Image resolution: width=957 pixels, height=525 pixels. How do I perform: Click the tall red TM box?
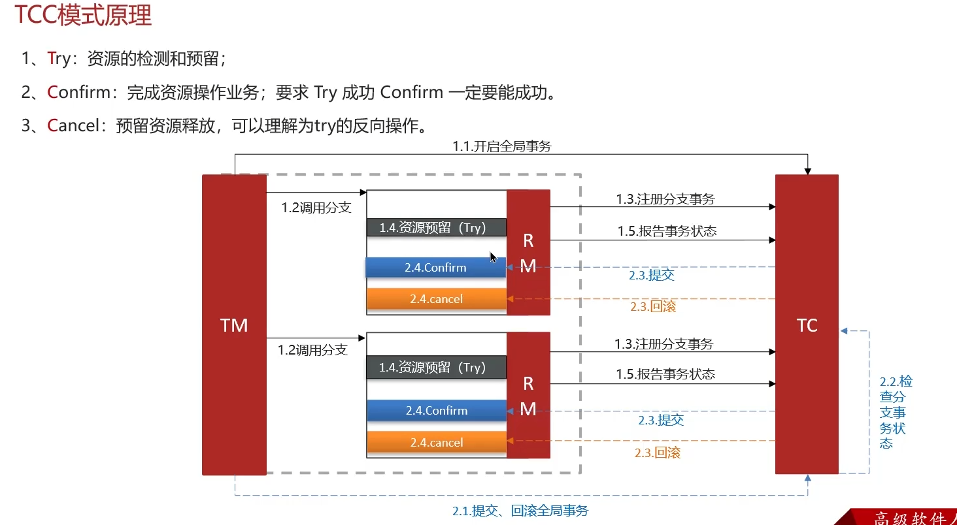click(x=234, y=325)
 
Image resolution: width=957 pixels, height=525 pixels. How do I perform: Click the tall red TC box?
click(x=807, y=325)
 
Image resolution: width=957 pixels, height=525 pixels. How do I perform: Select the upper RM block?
click(x=528, y=253)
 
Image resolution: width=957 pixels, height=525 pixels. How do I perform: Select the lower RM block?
click(x=528, y=396)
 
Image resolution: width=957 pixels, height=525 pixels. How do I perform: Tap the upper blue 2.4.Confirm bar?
click(x=435, y=268)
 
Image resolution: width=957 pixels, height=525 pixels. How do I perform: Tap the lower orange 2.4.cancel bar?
click(x=437, y=443)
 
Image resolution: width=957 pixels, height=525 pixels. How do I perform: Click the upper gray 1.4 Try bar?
click(x=435, y=227)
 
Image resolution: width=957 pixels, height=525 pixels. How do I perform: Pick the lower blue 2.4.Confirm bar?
click(x=437, y=411)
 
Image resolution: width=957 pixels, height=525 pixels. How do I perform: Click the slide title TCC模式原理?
click(x=84, y=15)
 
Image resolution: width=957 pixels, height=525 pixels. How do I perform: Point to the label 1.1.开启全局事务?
click(x=502, y=147)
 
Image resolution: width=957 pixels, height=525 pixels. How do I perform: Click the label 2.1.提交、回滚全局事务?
click(x=524, y=511)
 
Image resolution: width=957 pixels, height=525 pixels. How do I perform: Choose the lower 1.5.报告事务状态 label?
click(x=665, y=374)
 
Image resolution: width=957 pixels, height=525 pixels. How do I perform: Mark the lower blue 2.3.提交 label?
click(x=661, y=421)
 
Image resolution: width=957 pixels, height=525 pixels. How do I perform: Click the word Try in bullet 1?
click(x=59, y=59)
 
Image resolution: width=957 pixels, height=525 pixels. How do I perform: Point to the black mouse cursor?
click(x=493, y=257)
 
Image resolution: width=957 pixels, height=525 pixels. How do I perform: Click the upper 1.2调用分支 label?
click(x=316, y=208)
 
